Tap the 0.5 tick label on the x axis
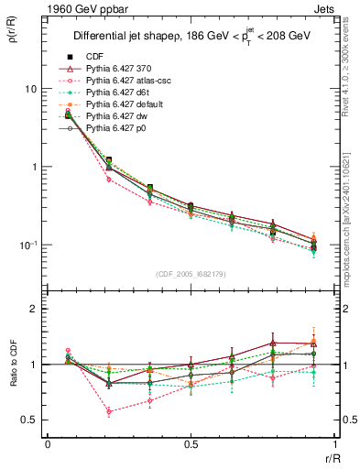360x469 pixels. click(x=191, y=442)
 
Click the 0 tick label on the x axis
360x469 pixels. click(x=48, y=442)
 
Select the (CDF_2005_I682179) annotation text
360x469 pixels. click(x=191, y=275)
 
